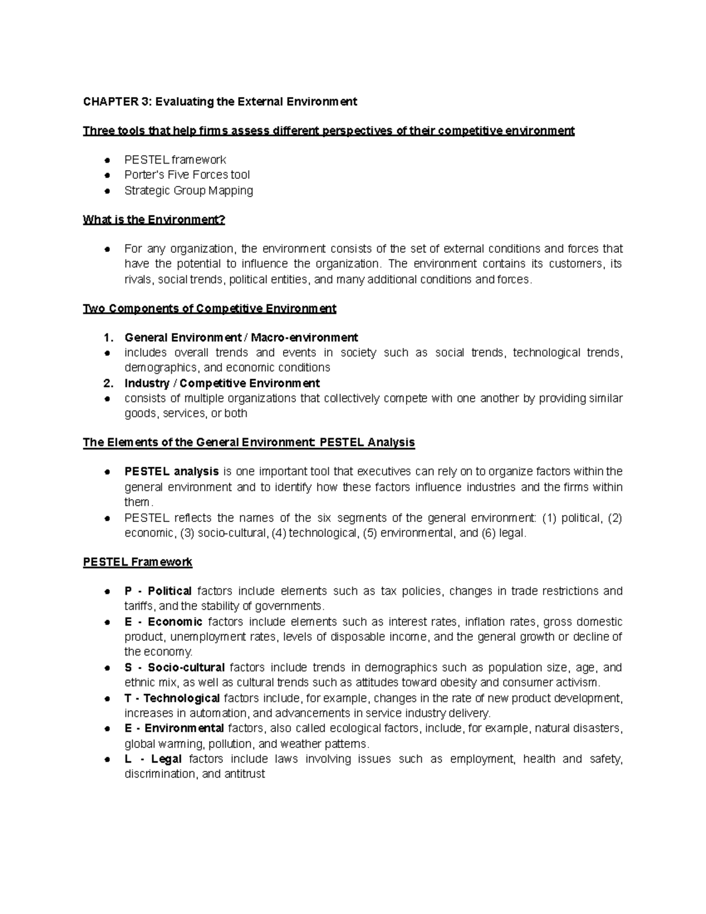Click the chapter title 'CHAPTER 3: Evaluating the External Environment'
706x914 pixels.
click(219, 102)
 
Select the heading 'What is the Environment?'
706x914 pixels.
click(154, 220)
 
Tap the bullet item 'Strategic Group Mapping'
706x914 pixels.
click(188, 191)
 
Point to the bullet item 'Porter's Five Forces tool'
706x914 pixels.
click(187, 175)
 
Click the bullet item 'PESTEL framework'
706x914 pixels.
click(175, 159)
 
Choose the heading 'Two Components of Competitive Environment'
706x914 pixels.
click(209, 308)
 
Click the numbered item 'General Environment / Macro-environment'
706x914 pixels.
click(241, 338)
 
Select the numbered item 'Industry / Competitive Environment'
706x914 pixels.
click(222, 383)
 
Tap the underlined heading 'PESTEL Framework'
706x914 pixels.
click(138, 562)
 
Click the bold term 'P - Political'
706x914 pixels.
click(158, 591)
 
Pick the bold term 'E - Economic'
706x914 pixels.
click(163, 622)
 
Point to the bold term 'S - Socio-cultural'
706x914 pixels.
click(174, 667)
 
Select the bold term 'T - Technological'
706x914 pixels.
click(172, 699)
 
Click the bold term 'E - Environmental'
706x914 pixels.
click(174, 729)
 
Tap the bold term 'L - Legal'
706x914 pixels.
click(152, 759)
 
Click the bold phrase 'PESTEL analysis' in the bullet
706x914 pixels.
click(171, 471)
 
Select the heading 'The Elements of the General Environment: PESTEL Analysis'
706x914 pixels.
click(249, 443)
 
